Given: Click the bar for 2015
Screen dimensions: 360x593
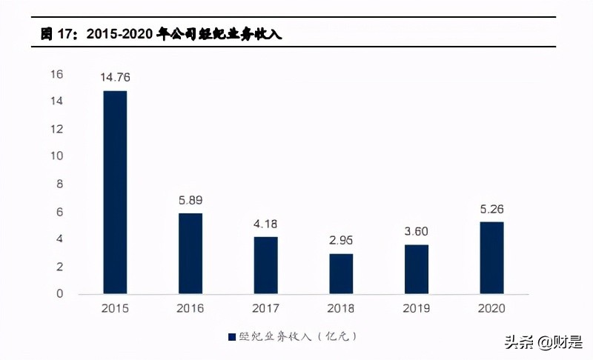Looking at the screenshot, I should (x=115, y=192).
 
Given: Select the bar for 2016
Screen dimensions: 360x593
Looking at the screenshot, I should (x=191, y=253).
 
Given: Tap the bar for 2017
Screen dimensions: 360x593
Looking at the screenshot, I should (x=265, y=265).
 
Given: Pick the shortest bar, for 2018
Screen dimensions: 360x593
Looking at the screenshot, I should (x=341, y=273).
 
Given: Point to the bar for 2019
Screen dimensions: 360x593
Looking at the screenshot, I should (x=417, y=269).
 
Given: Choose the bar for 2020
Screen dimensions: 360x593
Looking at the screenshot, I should (x=491, y=258).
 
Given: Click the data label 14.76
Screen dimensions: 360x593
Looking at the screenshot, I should (x=115, y=78).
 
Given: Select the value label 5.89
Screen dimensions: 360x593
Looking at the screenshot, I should (x=191, y=200).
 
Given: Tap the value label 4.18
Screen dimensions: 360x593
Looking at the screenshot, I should (x=265, y=224).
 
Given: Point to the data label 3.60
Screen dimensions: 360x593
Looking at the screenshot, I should (x=417, y=232).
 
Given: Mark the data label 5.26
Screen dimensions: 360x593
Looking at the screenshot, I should (x=491, y=209).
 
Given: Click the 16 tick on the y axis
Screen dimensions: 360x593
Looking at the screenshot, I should (x=56, y=74).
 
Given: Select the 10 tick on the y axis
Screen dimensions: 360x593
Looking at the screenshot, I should (x=56, y=156).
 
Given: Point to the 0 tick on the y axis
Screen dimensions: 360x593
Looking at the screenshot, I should (x=60, y=294).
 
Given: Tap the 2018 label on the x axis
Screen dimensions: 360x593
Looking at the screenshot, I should (x=341, y=308).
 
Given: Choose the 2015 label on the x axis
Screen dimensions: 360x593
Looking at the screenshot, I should (x=115, y=308).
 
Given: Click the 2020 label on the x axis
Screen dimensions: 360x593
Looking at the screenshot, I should (x=491, y=308).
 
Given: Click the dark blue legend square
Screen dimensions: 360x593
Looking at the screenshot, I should (x=231, y=336).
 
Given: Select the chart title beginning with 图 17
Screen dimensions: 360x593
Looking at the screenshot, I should (x=160, y=34).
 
